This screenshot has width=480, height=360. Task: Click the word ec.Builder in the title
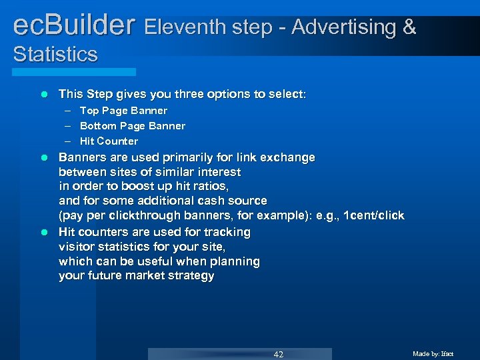tap(74, 26)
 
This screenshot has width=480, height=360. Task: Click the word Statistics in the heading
tap(55, 54)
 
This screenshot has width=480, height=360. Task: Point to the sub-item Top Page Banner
tap(123, 111)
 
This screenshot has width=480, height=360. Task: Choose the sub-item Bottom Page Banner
tap(133, 126)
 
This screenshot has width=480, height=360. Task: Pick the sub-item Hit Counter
tap(109, 141)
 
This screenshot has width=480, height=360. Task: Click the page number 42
tap(278, 354)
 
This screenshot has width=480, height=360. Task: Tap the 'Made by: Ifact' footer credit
tap(433, 354)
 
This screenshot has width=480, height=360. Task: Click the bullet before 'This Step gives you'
tap(44, 95)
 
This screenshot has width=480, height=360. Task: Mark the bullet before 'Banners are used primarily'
tap(44, 158)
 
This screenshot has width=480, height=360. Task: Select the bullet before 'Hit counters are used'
tap(44, 233)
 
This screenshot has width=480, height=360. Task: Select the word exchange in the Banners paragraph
tap(288, 158)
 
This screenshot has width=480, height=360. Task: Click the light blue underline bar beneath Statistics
tap(74, 71)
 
